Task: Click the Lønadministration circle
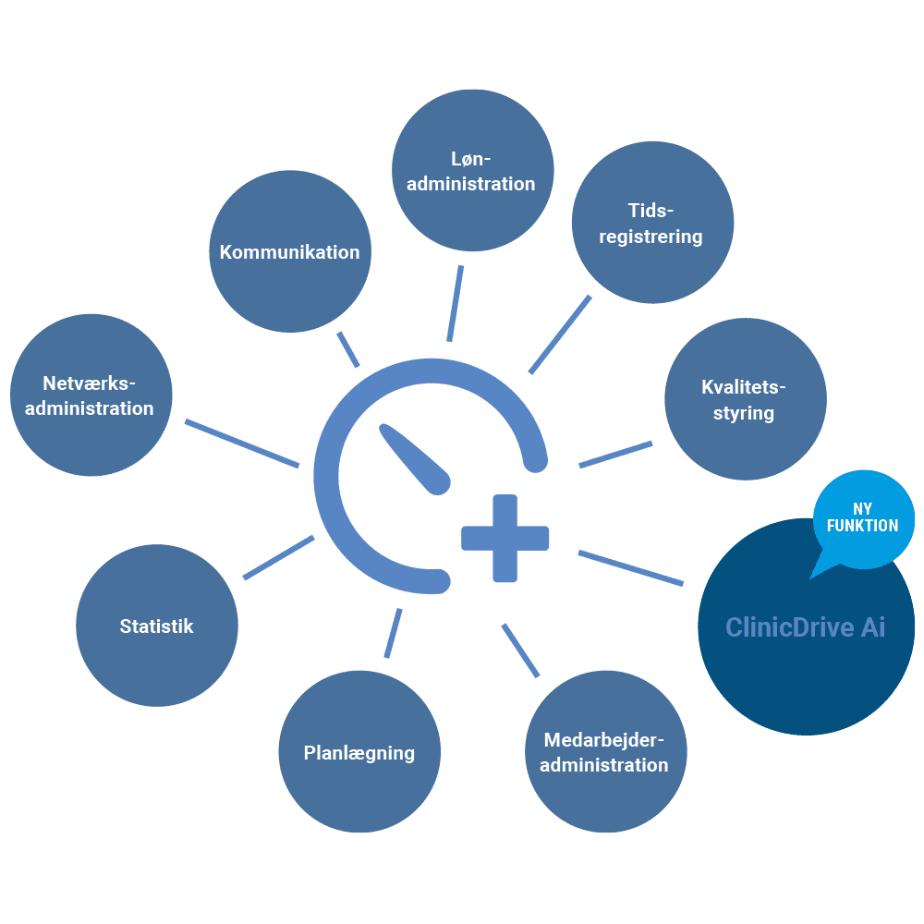(472, 170)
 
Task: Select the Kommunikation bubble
(290, 251)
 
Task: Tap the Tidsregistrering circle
(652, 223)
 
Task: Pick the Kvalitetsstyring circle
(745, 399)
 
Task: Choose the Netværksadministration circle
(91, 395)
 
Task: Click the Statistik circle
(157, 626)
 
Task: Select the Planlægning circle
(359, 752)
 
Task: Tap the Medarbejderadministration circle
(605, 752)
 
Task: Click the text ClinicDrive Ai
(805, 627)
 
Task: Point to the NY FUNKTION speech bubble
(863, 517)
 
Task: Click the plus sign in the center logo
(505, 539)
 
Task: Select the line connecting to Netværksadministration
(242, 444)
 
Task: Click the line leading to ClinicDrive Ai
(631, 568)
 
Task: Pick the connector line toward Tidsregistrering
(560, 334)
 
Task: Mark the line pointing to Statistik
(278, 557)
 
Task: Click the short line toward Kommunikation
(348, 349)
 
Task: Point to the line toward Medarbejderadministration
(520, 650)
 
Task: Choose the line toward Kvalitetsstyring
(615, 454)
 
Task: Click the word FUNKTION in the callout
(863, 526)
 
